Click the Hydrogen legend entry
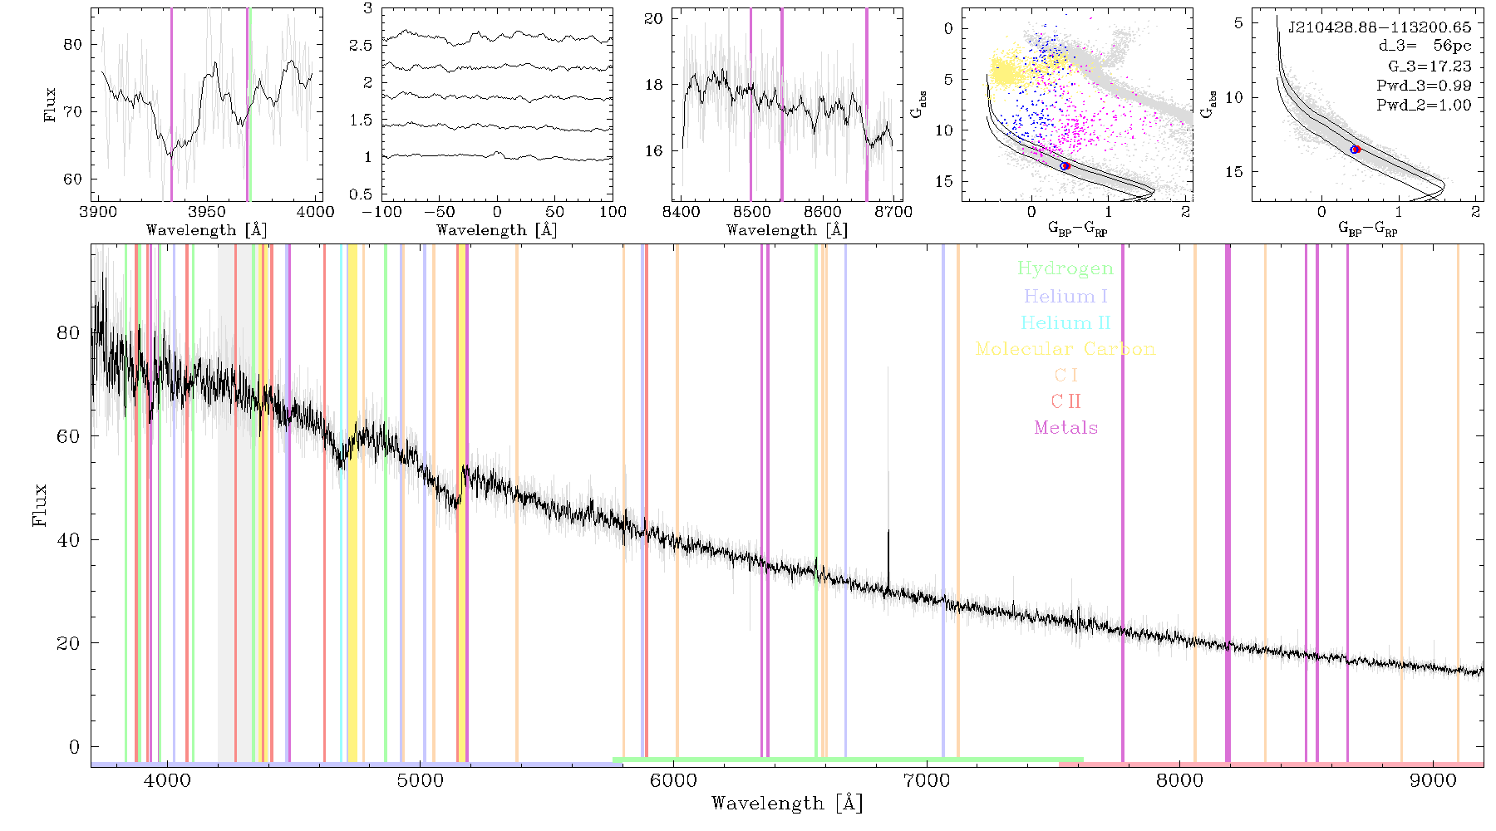(x=1065, y=268)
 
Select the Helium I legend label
(x=1065, y=296)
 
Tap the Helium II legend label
(x=1065, y=322)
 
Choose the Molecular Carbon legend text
(x=1065, y=349)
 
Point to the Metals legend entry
(x=1065, y=428)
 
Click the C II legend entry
(x=1065, y=401)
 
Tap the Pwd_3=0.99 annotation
(x=1424, y=86)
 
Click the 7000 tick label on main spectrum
(x=927, y=781)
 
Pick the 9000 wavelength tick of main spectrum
(x=1433, y=781)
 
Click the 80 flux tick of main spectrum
(x=68, y=332)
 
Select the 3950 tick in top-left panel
(x=207, y=211)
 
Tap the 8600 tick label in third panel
(x=822, y=211)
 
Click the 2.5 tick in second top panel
(x=362, y=45)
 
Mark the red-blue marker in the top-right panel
(x=1356, y=150)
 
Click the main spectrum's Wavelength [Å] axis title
(x=787, y=804)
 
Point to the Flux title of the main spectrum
(x=39, y=504)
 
